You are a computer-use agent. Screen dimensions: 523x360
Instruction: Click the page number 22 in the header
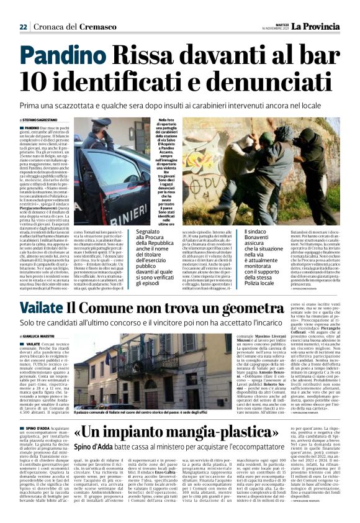click(23, 27)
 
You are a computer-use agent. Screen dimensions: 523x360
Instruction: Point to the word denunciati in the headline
click(268, 81)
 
